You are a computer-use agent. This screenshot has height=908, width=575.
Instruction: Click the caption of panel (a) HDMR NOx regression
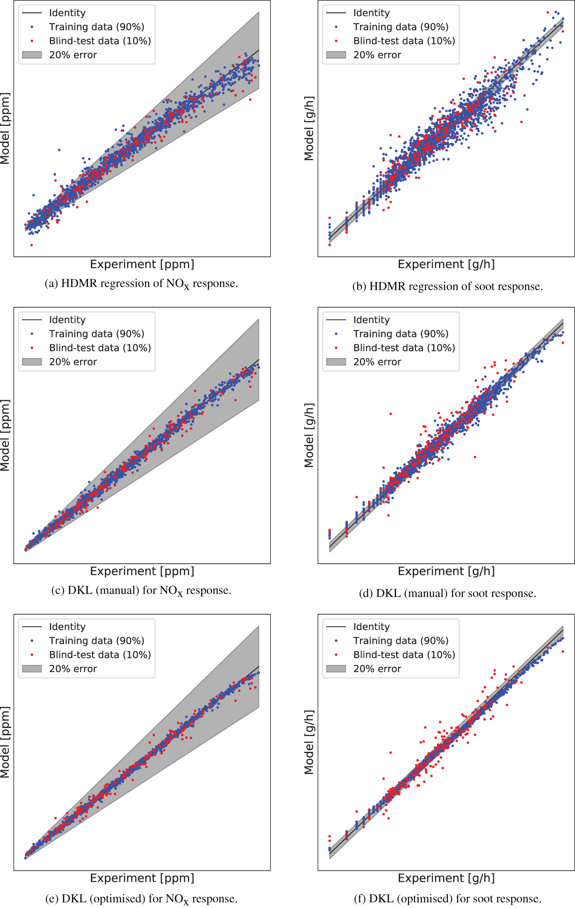(141, 284)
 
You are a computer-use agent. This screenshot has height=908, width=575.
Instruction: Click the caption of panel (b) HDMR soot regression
(447, 286)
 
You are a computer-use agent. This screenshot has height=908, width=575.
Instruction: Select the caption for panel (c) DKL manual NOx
(141, 590)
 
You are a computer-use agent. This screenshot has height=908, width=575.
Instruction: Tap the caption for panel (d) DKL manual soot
(447, 593)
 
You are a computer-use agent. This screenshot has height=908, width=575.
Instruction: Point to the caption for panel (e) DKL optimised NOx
(141, 899)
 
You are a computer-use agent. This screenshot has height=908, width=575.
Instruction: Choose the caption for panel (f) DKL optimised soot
(447, 899)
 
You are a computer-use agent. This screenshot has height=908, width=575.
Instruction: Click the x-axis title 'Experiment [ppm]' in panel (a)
(142, 264)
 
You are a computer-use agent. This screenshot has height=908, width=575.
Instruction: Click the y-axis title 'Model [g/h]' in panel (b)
(309, 128)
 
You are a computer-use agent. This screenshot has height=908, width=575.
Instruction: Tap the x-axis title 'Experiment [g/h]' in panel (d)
(446, 571)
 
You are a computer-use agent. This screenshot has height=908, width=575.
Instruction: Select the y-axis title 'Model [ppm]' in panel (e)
(5, 742)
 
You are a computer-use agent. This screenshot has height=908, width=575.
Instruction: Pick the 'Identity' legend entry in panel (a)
(67, 13)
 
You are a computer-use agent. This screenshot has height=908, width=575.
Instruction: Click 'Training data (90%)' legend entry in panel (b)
(400, 27)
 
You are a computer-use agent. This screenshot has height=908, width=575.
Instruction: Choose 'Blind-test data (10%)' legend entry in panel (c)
(100, 348)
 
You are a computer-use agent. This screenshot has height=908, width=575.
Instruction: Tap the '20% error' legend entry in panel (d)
(377, 362)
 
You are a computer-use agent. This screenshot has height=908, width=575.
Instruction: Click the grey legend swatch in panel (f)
(336, 668)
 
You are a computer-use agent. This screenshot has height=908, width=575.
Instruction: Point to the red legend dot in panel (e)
(32, 655)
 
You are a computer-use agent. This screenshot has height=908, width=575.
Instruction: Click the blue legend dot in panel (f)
(336, 641)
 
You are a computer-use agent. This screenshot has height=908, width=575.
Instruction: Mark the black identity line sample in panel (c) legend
(32, 320)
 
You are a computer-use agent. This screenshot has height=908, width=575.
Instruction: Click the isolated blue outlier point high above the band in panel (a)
(59, 150)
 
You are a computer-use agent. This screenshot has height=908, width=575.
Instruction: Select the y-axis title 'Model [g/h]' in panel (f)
(309, 742)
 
